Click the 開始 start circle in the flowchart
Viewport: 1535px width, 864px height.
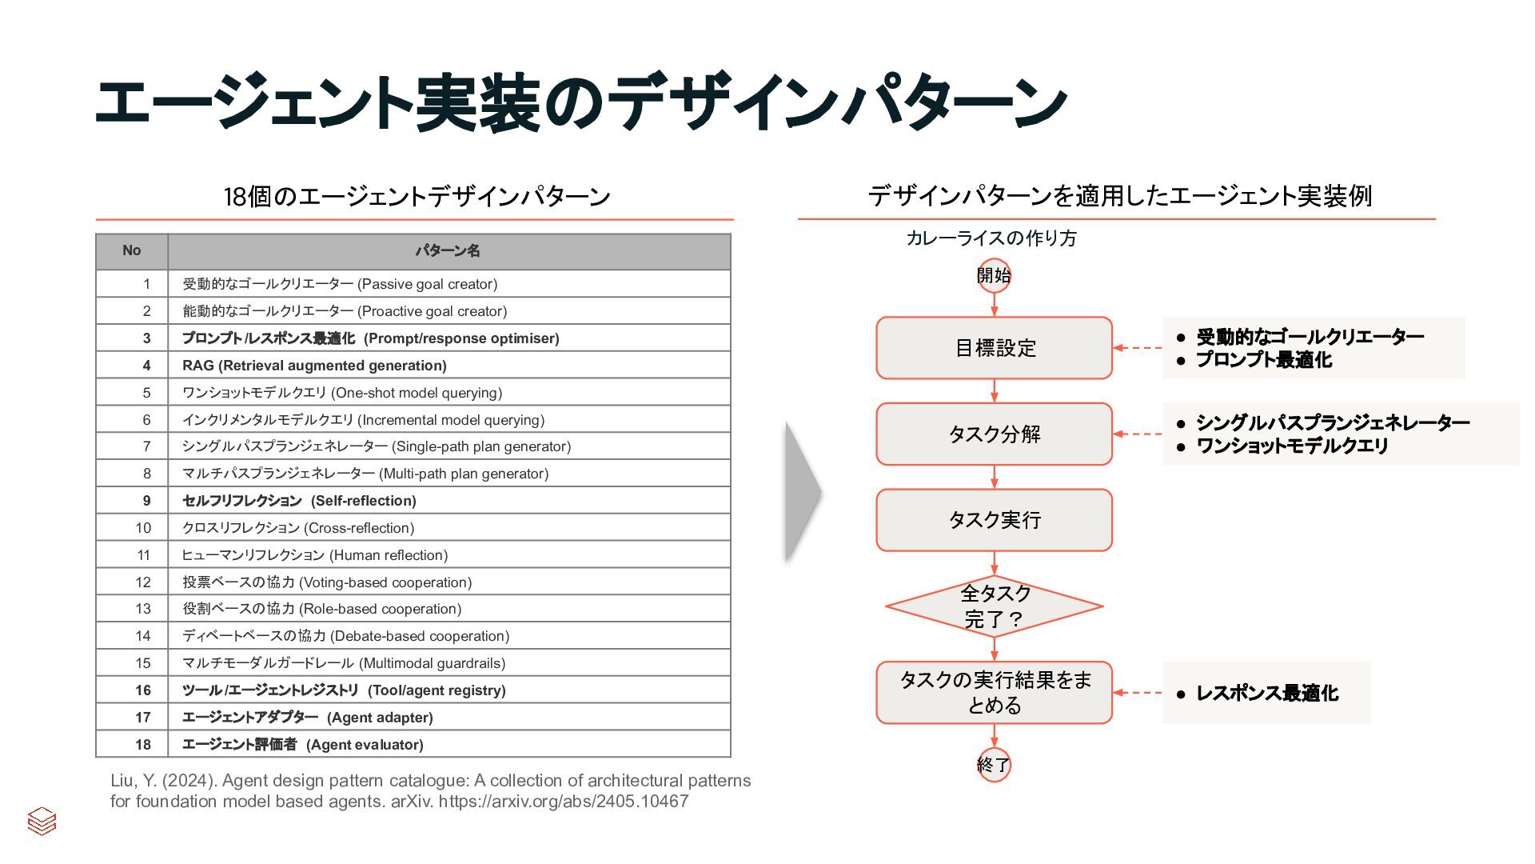coord(994,276)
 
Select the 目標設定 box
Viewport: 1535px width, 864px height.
coord(994,348)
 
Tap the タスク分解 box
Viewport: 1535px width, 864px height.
coord(994,434)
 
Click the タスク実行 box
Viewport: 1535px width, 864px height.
coord(994,520)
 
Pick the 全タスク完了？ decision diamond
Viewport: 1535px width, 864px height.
coord(994,606)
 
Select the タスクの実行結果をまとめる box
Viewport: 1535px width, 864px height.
coord(994,692)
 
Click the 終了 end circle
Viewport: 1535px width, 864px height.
coord(994,765)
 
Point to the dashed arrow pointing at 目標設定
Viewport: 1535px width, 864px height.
coord(1138,348)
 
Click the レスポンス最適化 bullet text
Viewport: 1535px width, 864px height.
coord(1266,694)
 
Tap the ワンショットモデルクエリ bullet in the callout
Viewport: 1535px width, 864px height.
coord(1291,446)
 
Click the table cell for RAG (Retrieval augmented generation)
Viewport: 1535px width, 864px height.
coord(314,366)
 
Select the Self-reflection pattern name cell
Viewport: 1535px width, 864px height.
coord(299,501)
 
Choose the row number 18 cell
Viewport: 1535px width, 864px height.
coord(143,745)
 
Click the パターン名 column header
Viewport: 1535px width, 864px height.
coord(448,251)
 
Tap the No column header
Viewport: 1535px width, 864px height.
coord(132,251)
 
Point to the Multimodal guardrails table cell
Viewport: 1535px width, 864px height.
coord(344,663)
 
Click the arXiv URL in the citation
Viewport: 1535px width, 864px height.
coord(563,802)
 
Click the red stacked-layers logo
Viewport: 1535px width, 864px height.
coord(42,821)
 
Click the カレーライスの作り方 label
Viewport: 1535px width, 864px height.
coord(991,238)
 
